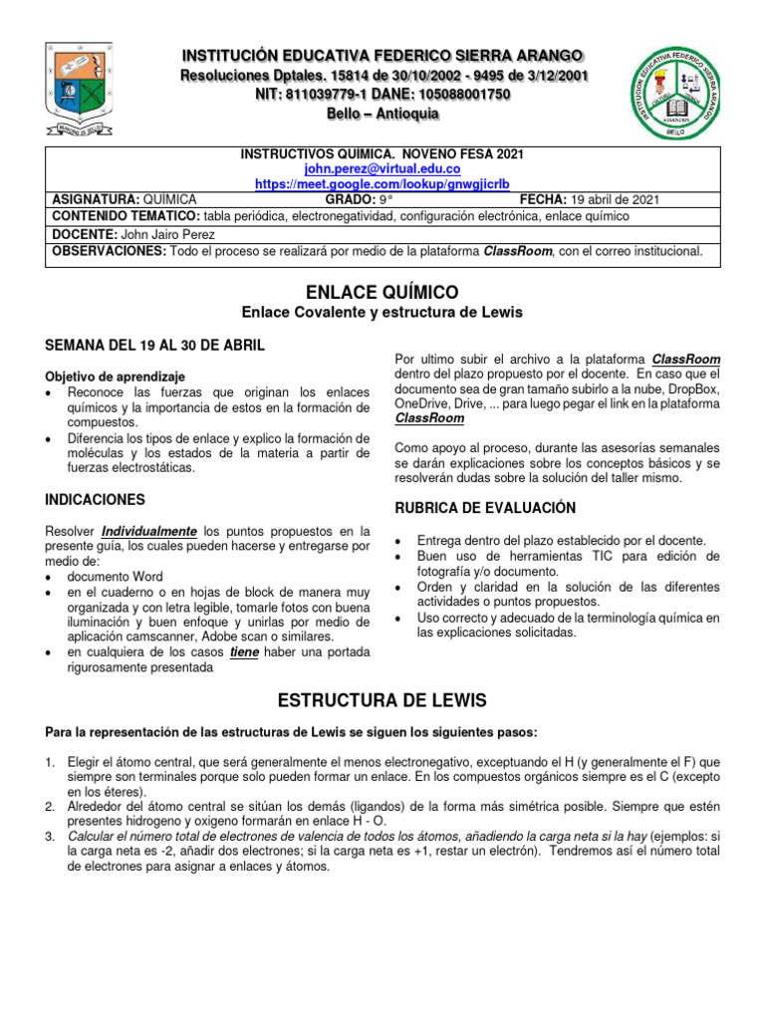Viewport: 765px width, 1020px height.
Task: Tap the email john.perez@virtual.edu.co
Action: click(382, 169)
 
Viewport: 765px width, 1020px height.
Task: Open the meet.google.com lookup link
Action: click(382, 184)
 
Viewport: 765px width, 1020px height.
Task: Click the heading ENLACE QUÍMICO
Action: click(383, 292)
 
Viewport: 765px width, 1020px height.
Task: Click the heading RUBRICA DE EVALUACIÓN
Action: click(485, 507)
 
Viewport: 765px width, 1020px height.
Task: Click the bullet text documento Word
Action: click(115, 576)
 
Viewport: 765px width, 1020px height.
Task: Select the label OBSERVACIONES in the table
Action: click(109, 252)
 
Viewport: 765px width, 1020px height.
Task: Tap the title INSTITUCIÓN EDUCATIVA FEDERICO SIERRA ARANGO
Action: click(382, 55)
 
